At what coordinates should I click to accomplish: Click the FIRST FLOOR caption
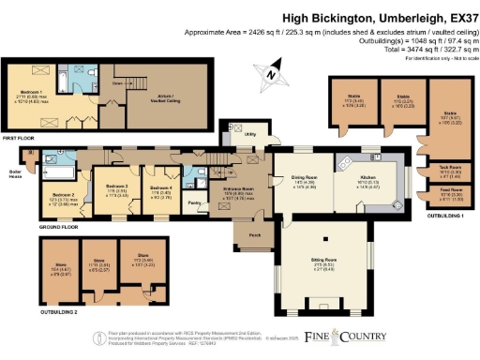click(20, 138)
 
